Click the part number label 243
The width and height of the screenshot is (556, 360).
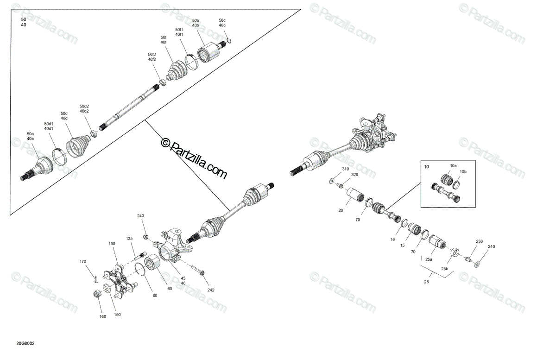pyautogui.click(x=140, y=216)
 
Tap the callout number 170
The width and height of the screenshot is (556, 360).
pyautogui.click(x=82, y=261)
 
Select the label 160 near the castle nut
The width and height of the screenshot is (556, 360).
pyautogui.click(x=102, y=316)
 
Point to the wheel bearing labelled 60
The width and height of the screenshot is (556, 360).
pyautogui.click(x=152, y=262)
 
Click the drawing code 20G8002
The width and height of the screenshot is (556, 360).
pyautogui.click(x=25, y=344)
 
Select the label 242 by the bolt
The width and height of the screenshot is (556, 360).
pyautogui.click(x=211, y=290)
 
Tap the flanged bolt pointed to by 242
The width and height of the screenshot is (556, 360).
pyautogui.click(x=197, y=270)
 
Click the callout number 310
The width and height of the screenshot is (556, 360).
pyautogui.click(x=345, y=169)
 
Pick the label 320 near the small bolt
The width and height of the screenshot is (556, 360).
pyautogui.click(x=355, y=175)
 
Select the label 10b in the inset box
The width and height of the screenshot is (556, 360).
pyautogui.click(x=463, y=171)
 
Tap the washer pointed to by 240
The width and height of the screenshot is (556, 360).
pyautogui.click(x=477, y=265)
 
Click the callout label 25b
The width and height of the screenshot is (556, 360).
pyautogui.click(x=444, y=269)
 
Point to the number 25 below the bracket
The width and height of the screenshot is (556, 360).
pyautogui.click(x=426, y=282)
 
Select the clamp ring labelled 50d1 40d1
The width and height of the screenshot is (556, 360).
pyautogui.click(x=59, y=157)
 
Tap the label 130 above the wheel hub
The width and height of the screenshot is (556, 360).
pyautogui.click(x=112, y=244)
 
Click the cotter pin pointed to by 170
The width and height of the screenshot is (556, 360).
pyautogui.click(x=96, y=279)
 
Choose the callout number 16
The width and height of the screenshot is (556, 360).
pyautogui.click(x=392, y=240)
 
